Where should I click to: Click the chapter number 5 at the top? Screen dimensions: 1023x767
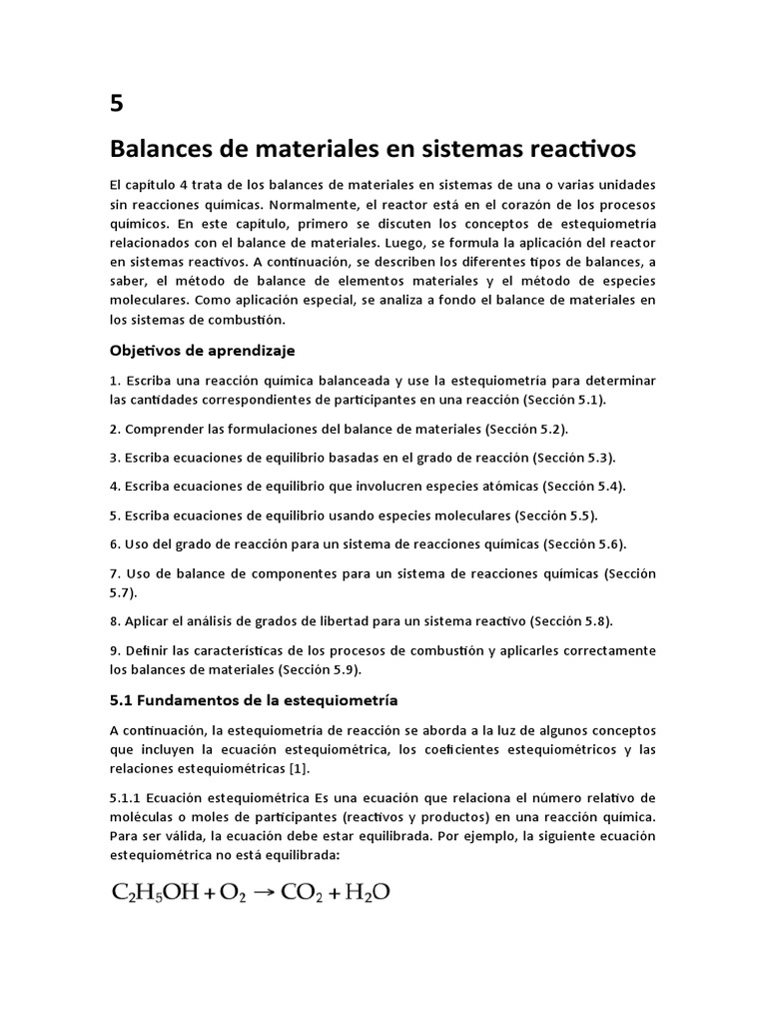click(x=118, y=103)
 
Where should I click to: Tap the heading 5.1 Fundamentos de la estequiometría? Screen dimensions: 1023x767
click(x=254, y=699)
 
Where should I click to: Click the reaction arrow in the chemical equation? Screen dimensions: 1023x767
click(x=262, y=891)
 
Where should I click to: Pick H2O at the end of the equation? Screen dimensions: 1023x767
click(x=367, y=892)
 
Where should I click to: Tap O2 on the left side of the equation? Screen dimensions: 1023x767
click(x=230, y=892)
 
